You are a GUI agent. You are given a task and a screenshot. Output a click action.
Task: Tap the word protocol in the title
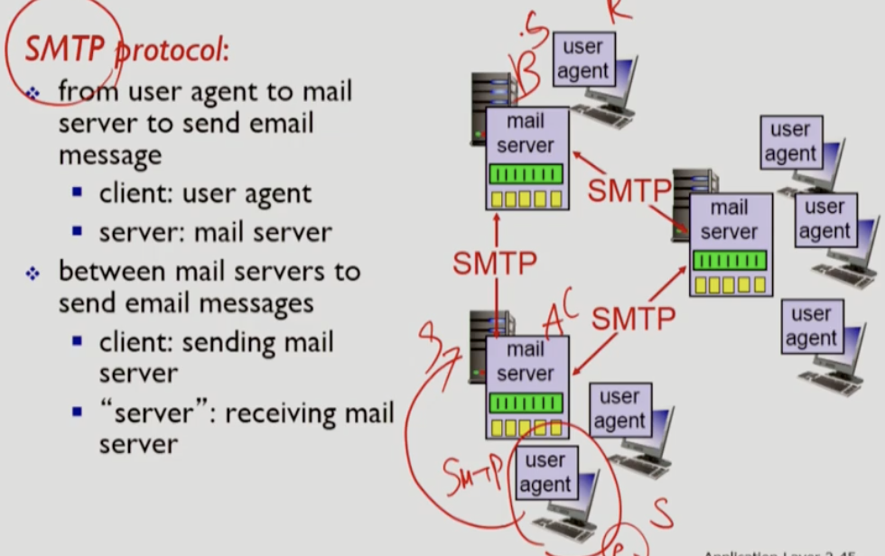pyautogui.click(x=173, y=51)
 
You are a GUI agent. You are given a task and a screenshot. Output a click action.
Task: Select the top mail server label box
pyautogui.click(x=526, y=133)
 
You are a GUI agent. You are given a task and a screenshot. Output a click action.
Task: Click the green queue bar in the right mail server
pyautogui.click(x=729, y=261)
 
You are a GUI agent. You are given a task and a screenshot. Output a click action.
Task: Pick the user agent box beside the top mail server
pyautogui.click(x=582, y=59)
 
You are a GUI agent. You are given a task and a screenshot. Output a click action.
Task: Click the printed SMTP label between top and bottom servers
pyautogui.click(x=495, y=263)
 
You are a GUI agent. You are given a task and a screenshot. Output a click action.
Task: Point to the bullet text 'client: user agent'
pyautogui.click(x=205, y=193)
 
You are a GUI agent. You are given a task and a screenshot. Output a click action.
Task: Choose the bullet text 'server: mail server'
pyautogui.click(x=215, y=232)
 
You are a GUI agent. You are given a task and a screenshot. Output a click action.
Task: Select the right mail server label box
pyautogui.click(x=729, y=219)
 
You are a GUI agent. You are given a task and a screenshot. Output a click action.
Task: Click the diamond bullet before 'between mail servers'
pyautogui.click(x=33, y=273)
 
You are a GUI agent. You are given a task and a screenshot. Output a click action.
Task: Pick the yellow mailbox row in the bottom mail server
pyautogui.click(x=526, y=427)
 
